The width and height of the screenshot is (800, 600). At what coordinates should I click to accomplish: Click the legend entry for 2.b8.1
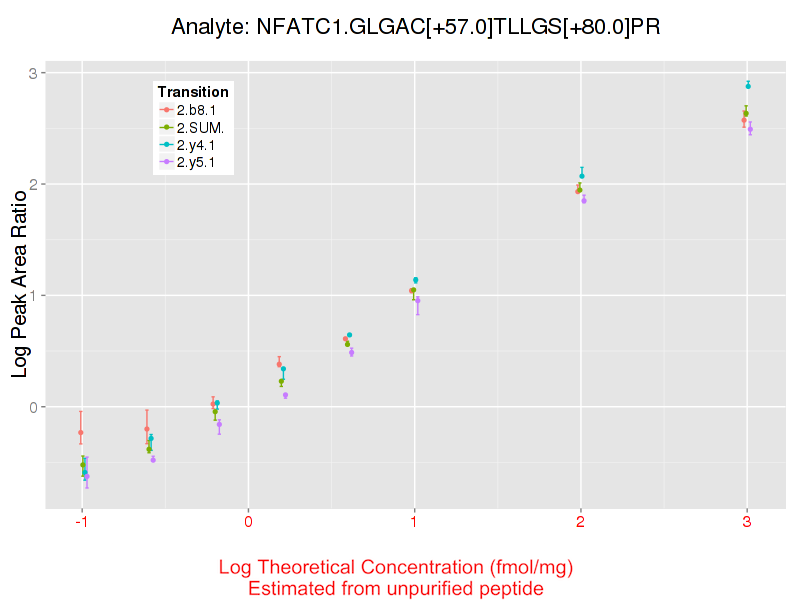196,109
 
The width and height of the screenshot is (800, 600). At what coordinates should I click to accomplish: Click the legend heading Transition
193,92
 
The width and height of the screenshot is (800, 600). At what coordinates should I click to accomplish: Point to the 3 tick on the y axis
32,73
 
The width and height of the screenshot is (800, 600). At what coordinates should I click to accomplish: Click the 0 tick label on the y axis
32,407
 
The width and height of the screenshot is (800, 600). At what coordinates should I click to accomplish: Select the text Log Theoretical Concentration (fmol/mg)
396,568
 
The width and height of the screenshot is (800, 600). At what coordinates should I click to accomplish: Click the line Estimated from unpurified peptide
396,589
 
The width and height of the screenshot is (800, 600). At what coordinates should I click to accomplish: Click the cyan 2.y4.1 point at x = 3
748,86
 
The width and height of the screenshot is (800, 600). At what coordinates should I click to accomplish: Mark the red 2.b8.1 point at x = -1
81,432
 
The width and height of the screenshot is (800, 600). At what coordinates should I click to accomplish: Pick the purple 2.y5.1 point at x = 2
584,200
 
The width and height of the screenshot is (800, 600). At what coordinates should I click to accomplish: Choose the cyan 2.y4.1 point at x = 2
582,176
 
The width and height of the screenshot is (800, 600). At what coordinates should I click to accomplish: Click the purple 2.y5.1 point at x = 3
750,129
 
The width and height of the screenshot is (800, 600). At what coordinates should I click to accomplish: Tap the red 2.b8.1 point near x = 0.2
279,364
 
